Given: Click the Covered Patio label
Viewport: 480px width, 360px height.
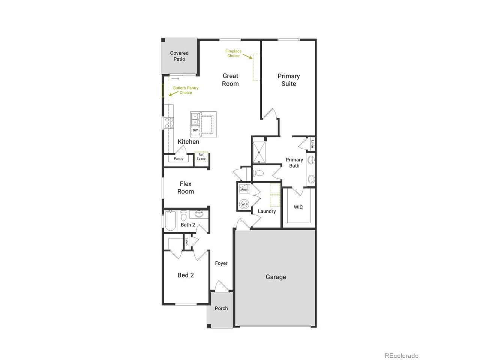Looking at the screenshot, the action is [x=179, y=56].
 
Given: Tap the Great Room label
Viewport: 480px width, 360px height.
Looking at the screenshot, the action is [x=230, y=80].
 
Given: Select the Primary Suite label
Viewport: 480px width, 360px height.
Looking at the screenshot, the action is [x=289, y=80].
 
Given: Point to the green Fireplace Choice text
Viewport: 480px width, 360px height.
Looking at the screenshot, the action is [x=233, y=53].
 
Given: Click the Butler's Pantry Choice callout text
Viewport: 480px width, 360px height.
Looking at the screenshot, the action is [x=186, y=90].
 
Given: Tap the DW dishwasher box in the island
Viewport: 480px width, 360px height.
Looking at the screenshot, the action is [x=195, y=130].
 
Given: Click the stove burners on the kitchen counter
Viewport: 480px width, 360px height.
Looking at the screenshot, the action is [x=169, y=123].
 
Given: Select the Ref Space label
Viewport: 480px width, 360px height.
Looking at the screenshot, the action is [x=201, y=156].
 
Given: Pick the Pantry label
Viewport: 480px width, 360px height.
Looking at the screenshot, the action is [x=178, y=159].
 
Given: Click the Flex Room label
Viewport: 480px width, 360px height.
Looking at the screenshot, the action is [x=186, y=187].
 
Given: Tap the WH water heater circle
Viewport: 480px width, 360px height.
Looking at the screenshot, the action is [x=244, y=204].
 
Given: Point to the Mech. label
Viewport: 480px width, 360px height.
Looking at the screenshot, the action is [x=244, y=190].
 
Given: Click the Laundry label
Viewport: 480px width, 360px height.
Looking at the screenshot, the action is [x=267, y=211].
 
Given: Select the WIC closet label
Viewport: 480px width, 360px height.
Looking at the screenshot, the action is [x=298, y=207].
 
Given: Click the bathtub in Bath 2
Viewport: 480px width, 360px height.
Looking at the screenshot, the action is [x=170, y=221].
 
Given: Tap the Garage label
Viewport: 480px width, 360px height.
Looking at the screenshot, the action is [x=276, y=277].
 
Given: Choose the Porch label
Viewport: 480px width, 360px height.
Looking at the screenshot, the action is [x=221, y=308].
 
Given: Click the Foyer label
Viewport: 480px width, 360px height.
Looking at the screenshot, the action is [x=221, y=263].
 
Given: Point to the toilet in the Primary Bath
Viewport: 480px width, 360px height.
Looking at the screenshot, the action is [x=258, y=173].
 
